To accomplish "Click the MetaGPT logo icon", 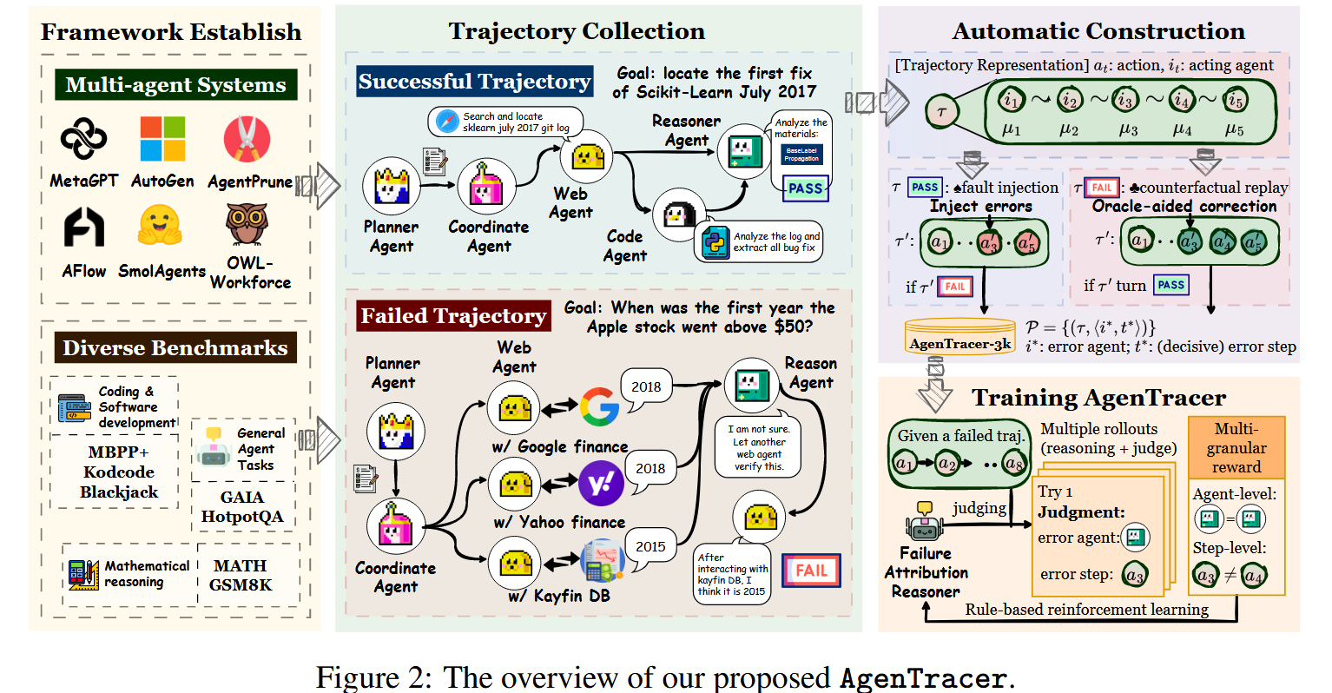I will [83, 139].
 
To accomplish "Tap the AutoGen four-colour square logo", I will [162, 139].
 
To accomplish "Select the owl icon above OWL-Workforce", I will [247, 224].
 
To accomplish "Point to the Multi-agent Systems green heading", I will [175, 85].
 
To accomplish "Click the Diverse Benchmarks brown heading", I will [175, 348].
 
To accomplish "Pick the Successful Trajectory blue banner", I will [474, 82].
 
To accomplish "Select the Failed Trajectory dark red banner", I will [453, 316].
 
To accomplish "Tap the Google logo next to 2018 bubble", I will [599, 406].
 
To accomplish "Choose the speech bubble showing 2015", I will [650, 546].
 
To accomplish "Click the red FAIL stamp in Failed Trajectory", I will [811, 571].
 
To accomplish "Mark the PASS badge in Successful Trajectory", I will [805, 188].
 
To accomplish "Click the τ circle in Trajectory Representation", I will [941, 112].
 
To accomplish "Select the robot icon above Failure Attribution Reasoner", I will [923, 523].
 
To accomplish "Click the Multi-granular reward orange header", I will [1236, 448].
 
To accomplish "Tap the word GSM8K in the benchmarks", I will [241, 584].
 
